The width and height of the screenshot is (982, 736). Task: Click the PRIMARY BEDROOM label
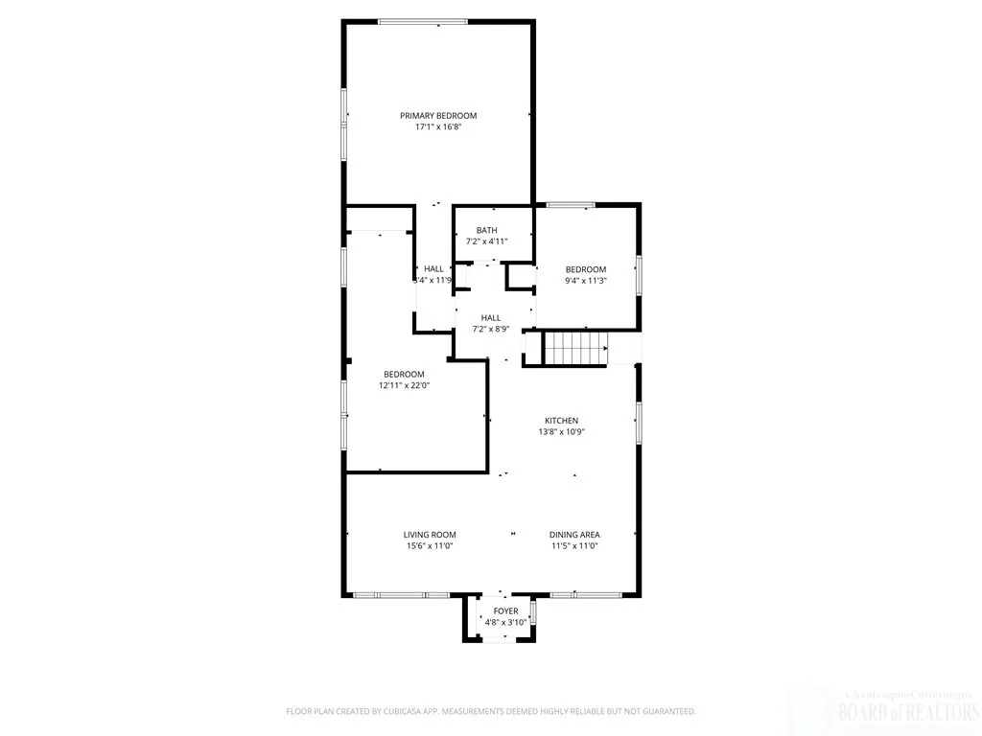pos(438,116)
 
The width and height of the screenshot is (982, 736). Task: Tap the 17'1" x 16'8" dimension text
pos(438,126)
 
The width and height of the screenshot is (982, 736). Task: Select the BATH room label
pos(487,230)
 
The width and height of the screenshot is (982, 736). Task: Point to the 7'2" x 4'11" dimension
pos(487,241)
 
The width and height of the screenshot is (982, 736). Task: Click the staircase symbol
pos(575,347)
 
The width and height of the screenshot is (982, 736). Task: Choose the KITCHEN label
pos(561,421)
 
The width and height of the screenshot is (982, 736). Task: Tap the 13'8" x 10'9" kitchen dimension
pos(561,432)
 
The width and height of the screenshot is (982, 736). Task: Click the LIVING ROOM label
pos(429,535)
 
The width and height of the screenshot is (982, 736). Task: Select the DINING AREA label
pos(574,535)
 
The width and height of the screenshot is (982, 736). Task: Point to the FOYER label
pos(505,611)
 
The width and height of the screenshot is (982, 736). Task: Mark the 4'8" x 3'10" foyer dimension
pos(505,623)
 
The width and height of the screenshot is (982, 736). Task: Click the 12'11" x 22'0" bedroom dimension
pos(404,385)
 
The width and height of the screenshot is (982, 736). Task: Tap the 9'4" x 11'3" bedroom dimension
pos(585,281)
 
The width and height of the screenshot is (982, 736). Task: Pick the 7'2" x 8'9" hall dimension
pos(490,330)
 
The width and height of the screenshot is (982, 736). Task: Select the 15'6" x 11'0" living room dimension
pos(429,546)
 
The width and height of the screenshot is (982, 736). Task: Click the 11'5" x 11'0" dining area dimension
pos(574,546)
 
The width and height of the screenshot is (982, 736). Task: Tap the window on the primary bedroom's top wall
pos(422,22)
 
